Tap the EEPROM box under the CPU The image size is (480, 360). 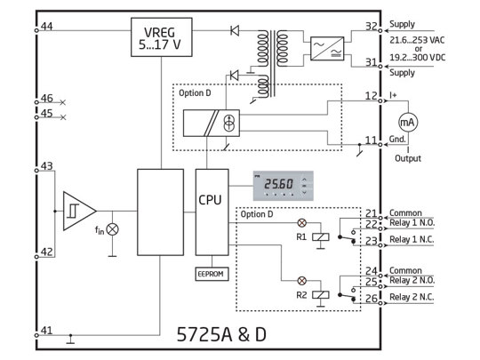[x=211, y=274]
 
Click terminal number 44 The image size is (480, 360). [x=45, y=27]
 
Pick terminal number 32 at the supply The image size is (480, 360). [x=371, y=27]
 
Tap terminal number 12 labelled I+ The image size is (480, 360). [x=371, y=95]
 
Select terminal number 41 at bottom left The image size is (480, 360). [x=45, y=330]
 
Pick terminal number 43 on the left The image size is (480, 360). [x=45, y=166]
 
